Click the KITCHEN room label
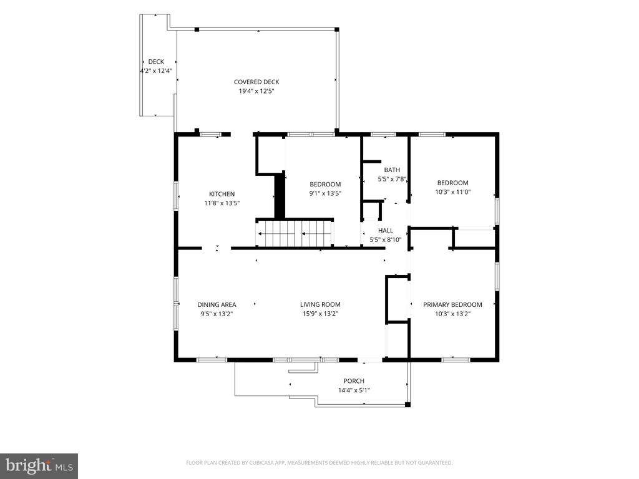click(222, 194)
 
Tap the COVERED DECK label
click(256, 82)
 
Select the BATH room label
click(392, 170)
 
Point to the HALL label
click(386, 231)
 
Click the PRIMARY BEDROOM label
click(452, 304)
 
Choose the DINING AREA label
click(217, 304)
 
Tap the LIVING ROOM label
click(320, 304)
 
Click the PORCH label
click(354, 381)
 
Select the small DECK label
click(156, 62)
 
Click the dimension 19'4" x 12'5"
click(256, 91)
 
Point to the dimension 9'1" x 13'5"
click(325, 193)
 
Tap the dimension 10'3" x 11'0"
click(453, 192)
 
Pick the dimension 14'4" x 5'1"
click(354, 390)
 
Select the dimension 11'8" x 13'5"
click(222, 203)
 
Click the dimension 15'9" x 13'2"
click(320, 314)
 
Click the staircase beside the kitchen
click(295, 234)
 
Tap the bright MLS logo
click(39, 465)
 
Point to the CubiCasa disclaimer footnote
click(319, 463)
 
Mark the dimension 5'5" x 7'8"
click(392, 179)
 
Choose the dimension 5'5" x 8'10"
click(386, 240)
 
